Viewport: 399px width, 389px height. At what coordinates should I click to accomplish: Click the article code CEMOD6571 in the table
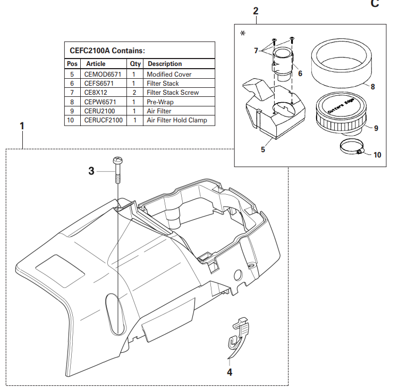click(x=100, y=75)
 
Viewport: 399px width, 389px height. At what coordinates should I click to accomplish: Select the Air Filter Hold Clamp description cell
click(x=177, y=120)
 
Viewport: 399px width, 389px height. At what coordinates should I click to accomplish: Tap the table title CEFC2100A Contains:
click(x=107, y=51)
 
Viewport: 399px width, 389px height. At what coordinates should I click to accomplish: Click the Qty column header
click(x=135, y=64)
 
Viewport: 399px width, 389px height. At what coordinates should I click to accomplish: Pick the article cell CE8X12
click(x=96, y=93)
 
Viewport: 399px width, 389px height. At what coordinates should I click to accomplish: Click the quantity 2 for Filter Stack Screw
click(x=135, y=93)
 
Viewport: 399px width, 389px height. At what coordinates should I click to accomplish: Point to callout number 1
click(x=22, y=126)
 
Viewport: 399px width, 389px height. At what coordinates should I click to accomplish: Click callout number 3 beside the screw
click(x=91, y=171)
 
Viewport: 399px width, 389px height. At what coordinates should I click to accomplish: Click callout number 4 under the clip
click(x=230, y=373)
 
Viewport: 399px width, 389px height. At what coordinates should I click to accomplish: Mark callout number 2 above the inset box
click(x=256, y=11)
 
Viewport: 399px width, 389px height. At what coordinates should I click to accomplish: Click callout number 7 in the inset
click(x=256, y=51)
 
